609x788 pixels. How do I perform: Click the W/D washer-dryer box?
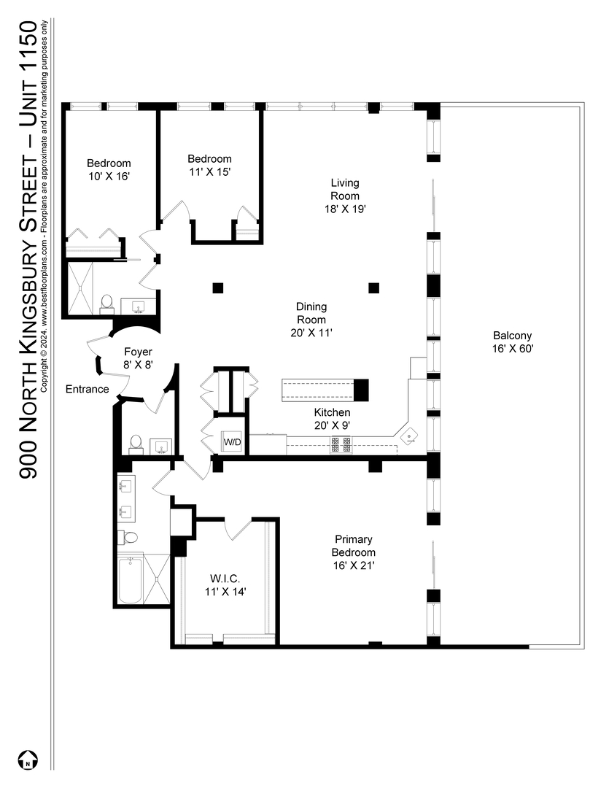tap(232, 442)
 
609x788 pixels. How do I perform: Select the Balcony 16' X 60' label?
tap(513, 341)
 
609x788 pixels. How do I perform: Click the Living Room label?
tap(345, 190)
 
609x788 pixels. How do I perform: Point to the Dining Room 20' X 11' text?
tap(311, 320)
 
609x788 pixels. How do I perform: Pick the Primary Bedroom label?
tap(354, 546)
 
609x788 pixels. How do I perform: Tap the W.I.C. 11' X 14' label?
tap(225, 585)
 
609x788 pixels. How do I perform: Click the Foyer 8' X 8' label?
tap(138, 358)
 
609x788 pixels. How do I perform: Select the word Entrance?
tap(88, 389)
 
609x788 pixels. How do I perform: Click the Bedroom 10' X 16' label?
tap(109, 169)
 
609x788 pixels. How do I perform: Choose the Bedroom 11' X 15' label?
tap(209, 165)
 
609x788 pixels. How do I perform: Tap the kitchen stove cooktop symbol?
tap(341, 445)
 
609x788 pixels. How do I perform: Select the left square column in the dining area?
tap(217, 288)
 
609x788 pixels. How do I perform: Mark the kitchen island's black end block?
tap(362, 390)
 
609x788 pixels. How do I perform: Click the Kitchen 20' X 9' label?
tap(332, 419)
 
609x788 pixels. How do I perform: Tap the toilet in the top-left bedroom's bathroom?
tap(106, 304)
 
